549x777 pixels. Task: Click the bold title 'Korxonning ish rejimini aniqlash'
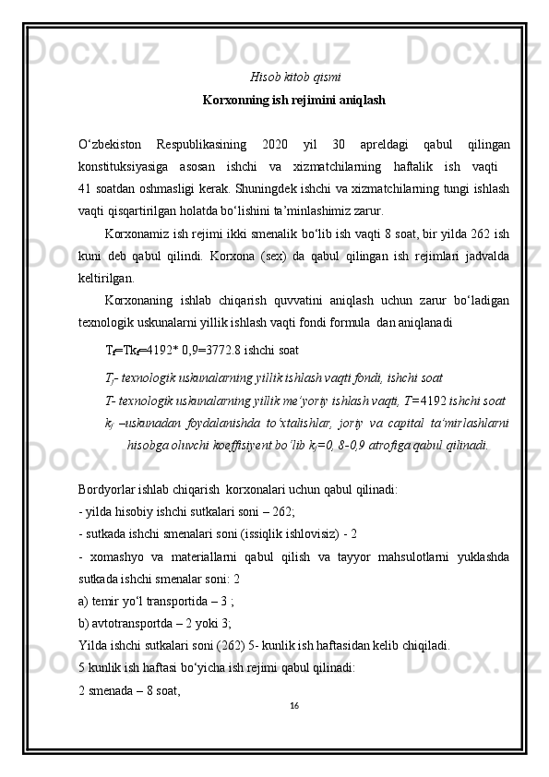pos(293,99)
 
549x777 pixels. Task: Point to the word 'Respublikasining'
pos(201,145)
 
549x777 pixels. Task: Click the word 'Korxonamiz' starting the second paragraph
pos(139,233)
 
